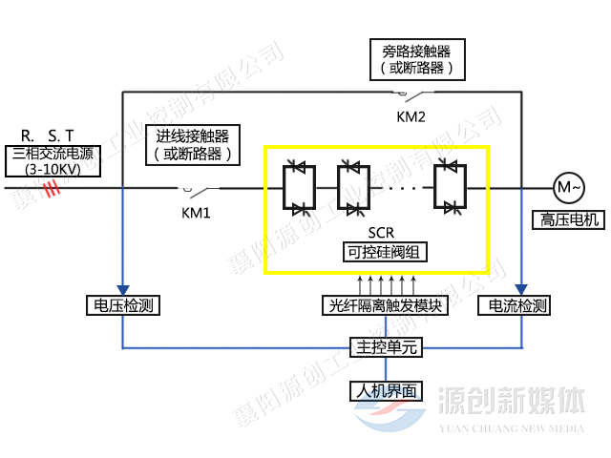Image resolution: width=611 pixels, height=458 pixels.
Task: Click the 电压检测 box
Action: (121, 306)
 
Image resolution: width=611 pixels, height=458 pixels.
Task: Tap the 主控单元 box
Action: (384, 347)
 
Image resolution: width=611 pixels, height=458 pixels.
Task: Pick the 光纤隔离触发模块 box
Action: (384, 306)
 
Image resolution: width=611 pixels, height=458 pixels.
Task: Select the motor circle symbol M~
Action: (567, 187)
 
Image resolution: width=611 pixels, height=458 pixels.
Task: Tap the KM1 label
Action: (196, 212)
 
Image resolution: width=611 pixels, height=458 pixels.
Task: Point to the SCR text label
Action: (381, 233)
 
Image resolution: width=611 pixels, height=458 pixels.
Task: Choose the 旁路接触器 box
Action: (416, 59)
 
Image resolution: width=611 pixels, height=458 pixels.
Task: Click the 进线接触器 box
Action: (193, 144)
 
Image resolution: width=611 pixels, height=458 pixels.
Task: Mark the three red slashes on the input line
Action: (52, 189)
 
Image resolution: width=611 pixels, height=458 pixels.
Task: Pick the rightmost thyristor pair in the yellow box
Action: (449, 187)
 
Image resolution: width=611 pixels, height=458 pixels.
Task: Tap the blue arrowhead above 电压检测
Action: (122, 289)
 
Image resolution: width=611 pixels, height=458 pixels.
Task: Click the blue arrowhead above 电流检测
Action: (521, 289)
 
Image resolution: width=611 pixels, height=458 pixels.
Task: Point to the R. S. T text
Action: (47, 135)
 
